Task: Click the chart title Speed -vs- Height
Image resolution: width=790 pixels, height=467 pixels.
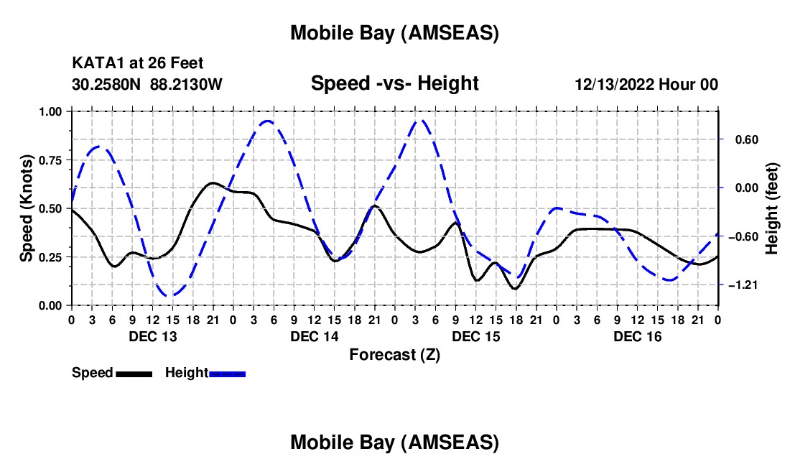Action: [394, 84]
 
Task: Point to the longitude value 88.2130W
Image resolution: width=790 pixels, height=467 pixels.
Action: [187, 85]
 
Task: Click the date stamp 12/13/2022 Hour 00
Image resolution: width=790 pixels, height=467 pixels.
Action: [646, 85]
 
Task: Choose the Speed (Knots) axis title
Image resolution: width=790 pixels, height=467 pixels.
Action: [27, 208]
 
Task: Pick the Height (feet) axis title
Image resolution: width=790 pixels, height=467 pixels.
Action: [772, 208]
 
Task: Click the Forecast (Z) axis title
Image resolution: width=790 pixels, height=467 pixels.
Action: [394, 354]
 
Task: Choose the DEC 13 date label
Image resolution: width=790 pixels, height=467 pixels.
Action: [152, 336]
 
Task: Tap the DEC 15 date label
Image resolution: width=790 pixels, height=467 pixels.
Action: [475, 336]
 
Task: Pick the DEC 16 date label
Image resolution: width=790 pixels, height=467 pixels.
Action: [637, 336]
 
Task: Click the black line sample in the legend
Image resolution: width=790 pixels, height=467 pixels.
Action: [134, 374]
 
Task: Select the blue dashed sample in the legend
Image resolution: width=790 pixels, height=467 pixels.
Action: [227, 374]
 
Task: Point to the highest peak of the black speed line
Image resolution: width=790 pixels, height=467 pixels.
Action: [213, 182]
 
